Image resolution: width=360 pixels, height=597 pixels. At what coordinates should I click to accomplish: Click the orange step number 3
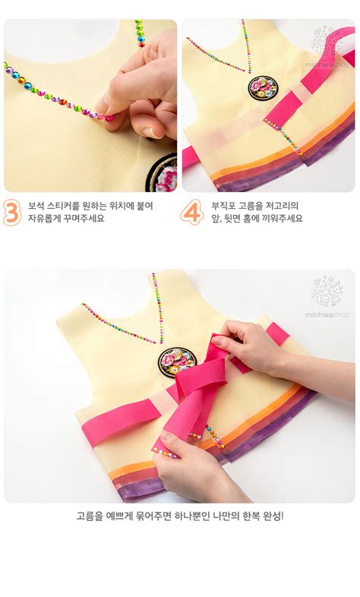(12, 213)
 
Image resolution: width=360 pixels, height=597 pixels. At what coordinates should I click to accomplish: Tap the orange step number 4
(192, 213)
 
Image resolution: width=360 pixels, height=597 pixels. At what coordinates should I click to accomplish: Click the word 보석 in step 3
(36, 206)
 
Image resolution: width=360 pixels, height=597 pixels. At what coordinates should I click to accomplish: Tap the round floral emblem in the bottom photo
(178, 362)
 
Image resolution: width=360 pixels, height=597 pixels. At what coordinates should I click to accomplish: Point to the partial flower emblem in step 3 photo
(162, 174)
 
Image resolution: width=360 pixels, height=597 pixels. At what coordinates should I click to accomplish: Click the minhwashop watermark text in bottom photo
(327, 315)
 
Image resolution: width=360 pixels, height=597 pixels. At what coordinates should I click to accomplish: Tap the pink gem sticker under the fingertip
(109, 118)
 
